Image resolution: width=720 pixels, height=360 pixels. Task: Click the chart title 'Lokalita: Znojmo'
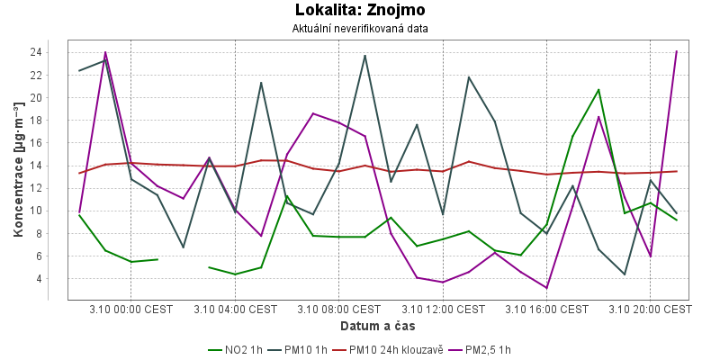point(360,11)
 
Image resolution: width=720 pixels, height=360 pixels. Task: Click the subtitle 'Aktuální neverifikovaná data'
point(360,29)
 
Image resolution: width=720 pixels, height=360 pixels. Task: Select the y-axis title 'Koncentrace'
point(18,170)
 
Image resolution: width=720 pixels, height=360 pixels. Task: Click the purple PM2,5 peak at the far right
point(676,51)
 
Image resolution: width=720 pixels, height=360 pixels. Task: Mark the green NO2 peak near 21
point(598,89)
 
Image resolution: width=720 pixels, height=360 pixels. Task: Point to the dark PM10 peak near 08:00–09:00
point(364,56)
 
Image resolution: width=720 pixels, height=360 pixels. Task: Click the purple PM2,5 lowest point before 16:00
point(547,288)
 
